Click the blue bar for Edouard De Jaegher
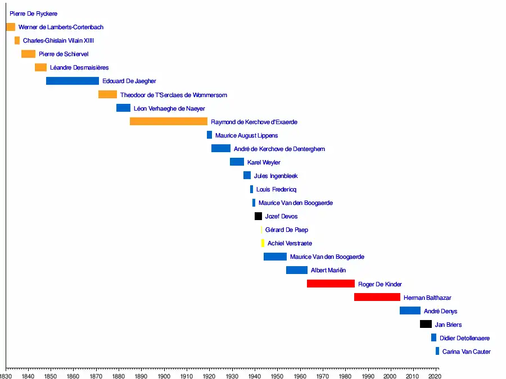[72, 81]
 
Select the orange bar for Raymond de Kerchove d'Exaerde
[169, 121]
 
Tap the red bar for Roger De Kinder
[331, 284]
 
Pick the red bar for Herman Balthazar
[377, 297]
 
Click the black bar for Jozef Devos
[258, 216]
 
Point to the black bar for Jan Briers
[426, 324]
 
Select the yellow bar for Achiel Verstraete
[263, 243]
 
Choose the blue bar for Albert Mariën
[296, 270]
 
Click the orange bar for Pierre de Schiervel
[28, 54]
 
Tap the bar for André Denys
[410, 310]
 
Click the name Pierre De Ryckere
[34, 13]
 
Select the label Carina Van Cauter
[466, 351]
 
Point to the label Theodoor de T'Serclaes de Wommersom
[173, 95]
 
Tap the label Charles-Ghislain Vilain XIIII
[58, 40]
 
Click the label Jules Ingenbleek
[275, 176]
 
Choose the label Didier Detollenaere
[464, 338]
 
